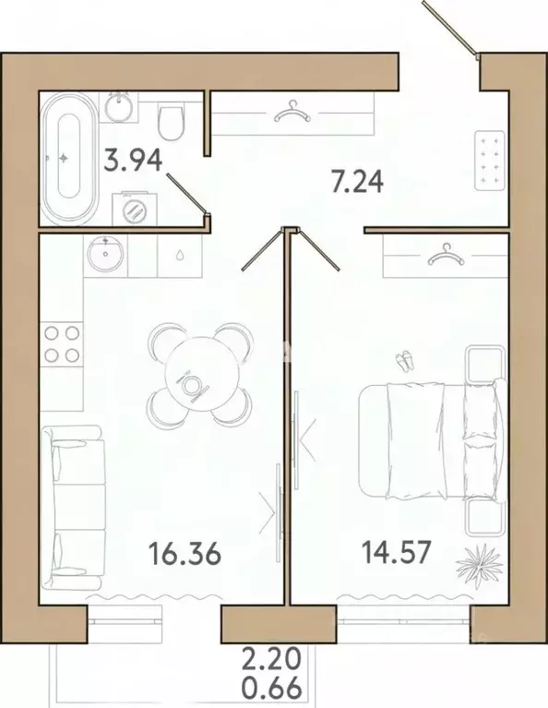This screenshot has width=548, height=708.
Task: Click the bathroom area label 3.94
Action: pos(133,161)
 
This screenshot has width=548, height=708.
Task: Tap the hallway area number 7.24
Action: pos(357,183)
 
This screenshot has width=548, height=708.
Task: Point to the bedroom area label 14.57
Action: pos(397,552)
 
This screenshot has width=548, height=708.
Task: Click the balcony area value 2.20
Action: pos(271,659)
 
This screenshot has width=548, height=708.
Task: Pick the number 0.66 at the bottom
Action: pos(271,688)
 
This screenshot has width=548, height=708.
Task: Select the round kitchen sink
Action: pos(105,254)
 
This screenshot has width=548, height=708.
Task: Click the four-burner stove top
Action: pos(63,344)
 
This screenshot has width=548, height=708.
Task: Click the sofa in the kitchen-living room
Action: pos(73,507)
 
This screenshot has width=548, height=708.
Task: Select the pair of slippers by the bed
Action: pos(404,360)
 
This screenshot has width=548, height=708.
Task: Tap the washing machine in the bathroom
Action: pos(134,209)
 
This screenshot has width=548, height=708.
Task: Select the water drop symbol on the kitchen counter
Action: pos(180,256)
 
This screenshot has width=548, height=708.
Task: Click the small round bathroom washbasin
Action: pos(119,106)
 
